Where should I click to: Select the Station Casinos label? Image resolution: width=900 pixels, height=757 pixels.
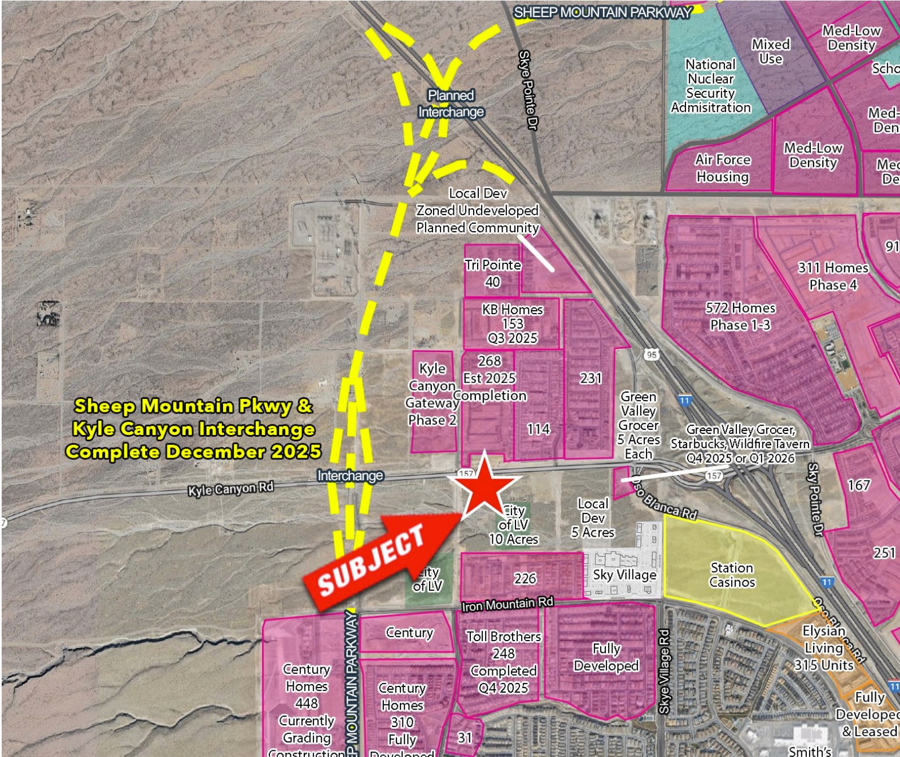pyautogui.click(x=732, y=575)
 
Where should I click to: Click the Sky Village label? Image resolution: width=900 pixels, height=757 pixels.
pyautogui.click(x=624, y=575)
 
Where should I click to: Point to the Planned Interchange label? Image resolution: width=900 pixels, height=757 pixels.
pyautogui.click(x=451, y=104)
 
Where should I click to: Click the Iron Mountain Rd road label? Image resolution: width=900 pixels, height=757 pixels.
pyautogui.click(x=507, y=604)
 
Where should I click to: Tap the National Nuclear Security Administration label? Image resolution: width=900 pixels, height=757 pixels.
pyautogui.click(x=710, y=86)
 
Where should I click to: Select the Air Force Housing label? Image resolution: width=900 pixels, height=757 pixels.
pyautogui.click(x=723, y=168)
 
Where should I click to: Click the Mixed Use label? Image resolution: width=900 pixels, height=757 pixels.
pyautogui.click(x=771, y=51)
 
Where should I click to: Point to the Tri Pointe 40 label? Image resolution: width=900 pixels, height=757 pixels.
pyautogui.click(x=492, y=273)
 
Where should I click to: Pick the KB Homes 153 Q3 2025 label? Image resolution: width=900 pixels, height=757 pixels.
pyautogui.click(x=512, y=324)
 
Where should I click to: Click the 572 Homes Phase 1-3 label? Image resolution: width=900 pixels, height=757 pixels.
pyautogui.click(x=740, y=316)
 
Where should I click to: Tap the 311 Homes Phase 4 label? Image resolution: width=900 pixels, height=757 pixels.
pyautogui.click(x=833, y=276)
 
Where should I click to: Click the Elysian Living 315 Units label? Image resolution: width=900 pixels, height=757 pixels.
pyautogui.click(x=824, y=647)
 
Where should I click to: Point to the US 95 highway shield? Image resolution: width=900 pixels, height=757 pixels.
pyautogui.click(x=652, y=355)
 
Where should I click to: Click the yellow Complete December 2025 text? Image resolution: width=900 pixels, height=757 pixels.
pyautogui.click(x=193, y=451)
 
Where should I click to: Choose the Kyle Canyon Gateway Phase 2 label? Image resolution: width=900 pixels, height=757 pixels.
pyautogui.click(x=432, y=394)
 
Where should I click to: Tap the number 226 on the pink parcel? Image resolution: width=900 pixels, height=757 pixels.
pyautogui.click(x=525, y=578)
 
